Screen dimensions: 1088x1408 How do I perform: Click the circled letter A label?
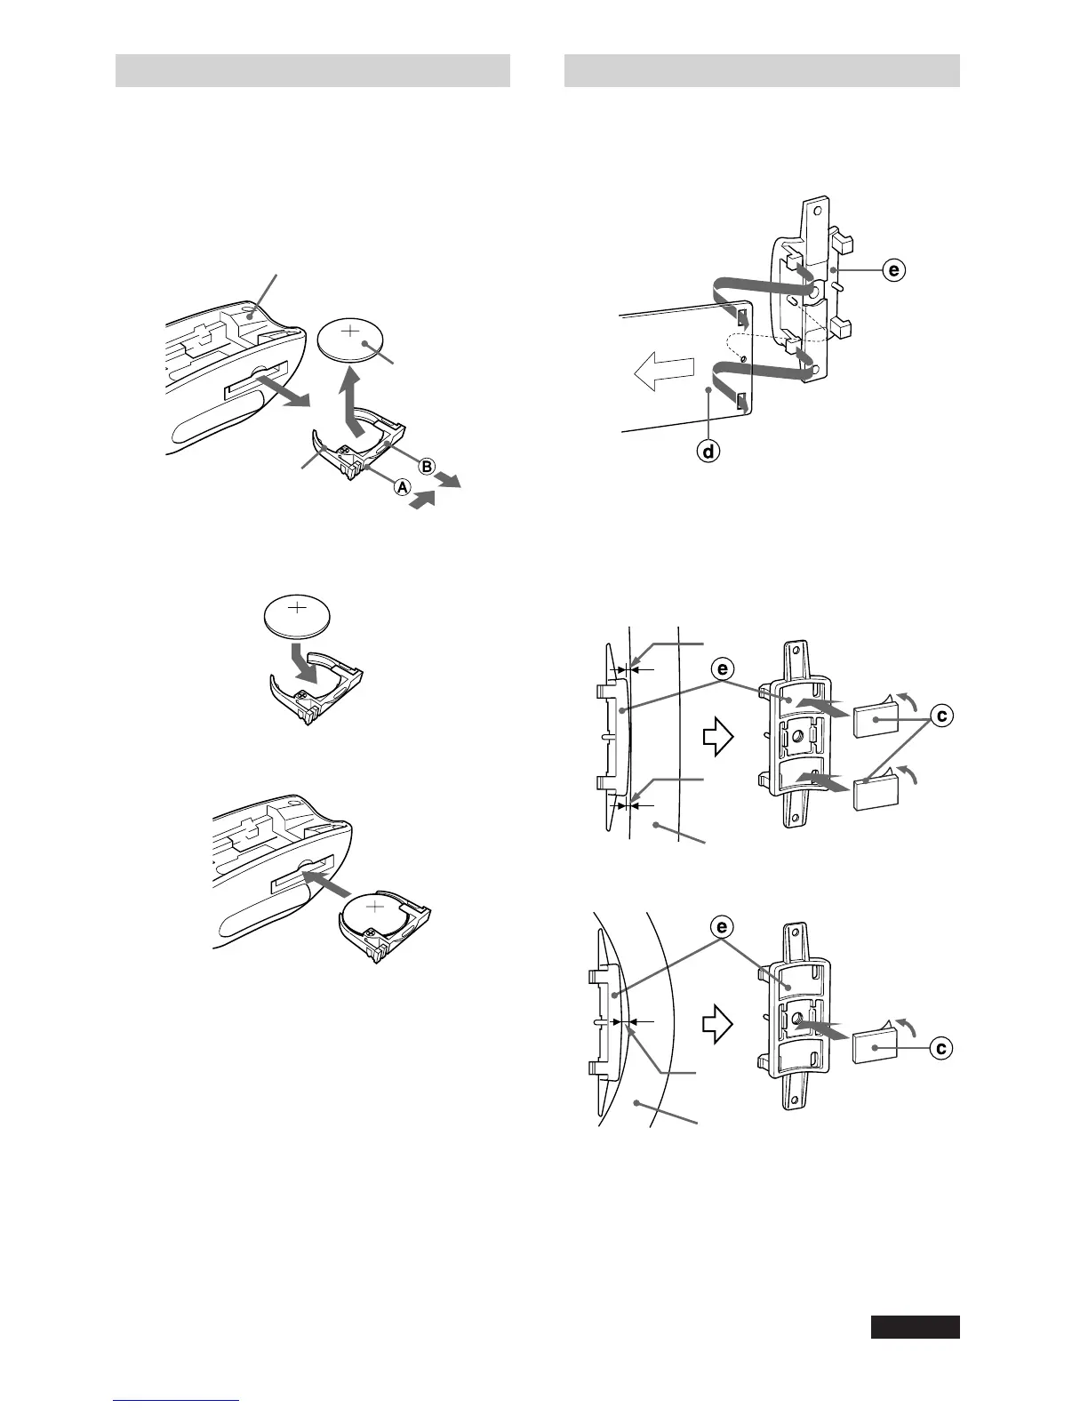pos(402,486)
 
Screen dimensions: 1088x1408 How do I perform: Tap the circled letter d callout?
pos(708,452)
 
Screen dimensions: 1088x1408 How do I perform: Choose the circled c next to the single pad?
pos(940,1049)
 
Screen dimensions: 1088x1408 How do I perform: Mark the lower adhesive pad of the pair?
pos(873,792)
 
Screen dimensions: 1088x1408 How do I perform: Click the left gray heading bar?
pos(313,70)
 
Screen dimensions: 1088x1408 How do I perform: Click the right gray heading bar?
pos(762,70)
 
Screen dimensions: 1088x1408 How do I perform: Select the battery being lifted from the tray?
pos(352,340)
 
